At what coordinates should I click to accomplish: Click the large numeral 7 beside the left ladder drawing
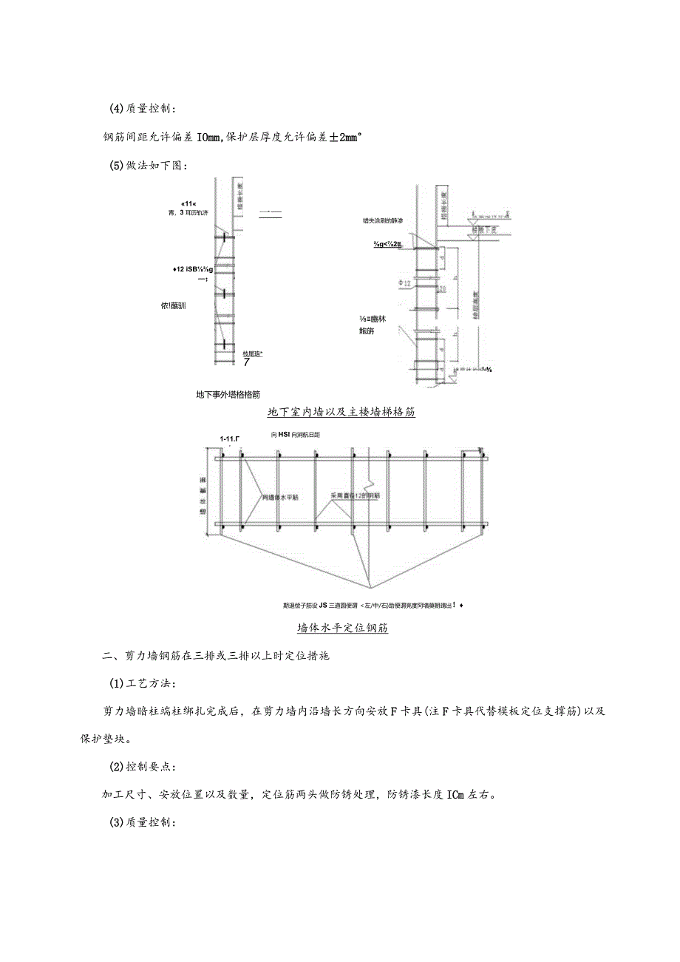pos(246,362)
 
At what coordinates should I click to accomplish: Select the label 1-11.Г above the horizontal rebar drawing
pos(230,438)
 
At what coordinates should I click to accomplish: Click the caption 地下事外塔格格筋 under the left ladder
pos(228,395)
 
